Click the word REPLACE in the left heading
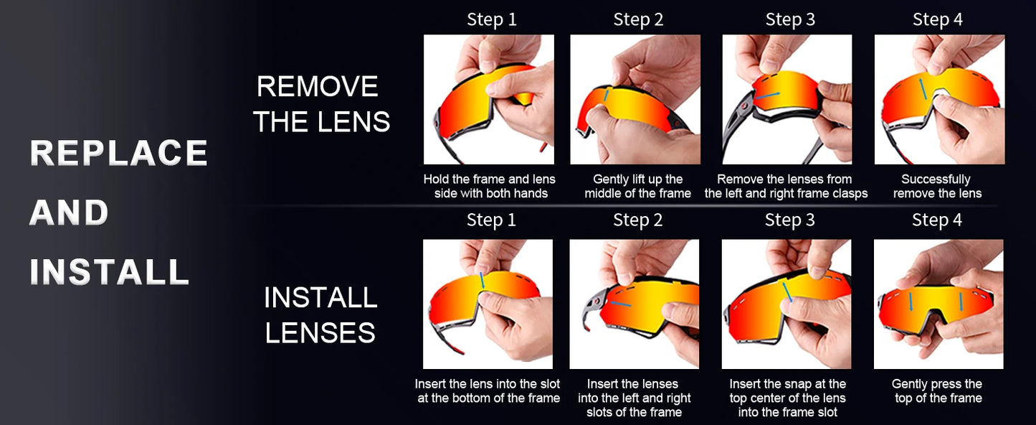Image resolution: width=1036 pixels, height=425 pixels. pos(118,153)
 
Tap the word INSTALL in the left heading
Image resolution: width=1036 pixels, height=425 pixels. pos(109,272)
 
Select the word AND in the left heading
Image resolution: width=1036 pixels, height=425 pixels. pos(69,213)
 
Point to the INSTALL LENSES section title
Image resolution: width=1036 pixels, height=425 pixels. pos(320,314)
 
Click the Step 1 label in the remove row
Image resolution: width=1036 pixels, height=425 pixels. pos(491,19)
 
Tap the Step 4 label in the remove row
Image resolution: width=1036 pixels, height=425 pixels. pos(937,19)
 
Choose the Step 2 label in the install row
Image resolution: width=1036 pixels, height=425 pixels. pos(638,220)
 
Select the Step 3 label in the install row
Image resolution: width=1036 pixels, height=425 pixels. pos(789,220)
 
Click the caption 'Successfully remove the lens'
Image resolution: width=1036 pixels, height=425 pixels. pos(936,186)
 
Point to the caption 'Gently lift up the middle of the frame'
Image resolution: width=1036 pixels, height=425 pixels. pos(637,186)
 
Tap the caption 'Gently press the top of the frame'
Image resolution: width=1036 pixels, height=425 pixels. pos(937,391)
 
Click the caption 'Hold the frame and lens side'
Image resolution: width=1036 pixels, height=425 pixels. pos(490,186)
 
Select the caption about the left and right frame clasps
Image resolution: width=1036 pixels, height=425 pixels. pos(786,186)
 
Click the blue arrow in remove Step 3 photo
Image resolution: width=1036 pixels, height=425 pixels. pos(768,95)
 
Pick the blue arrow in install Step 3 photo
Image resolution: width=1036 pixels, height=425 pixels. pos(787,291)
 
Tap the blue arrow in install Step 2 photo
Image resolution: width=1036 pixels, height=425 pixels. pos(620,304)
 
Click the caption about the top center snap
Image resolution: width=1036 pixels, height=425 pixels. pos(787,398)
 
